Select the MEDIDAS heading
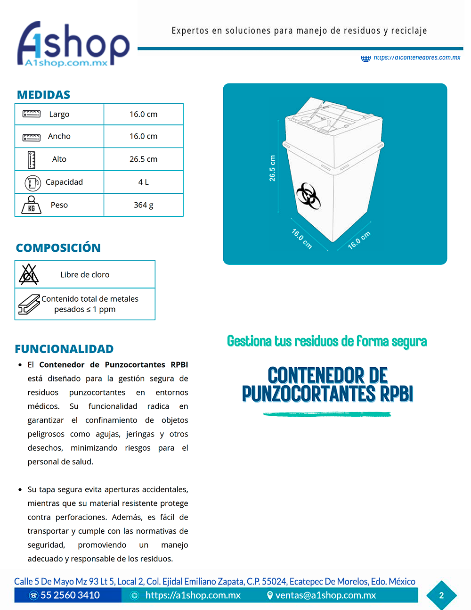[x=43, y=95]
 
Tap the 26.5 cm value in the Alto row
[x=143, y=159]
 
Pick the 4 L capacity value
[x=143, y=182]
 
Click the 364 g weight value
[x=143, y=205]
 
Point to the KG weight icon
[x=32, y=206]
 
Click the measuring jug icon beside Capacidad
[x=32, y=182]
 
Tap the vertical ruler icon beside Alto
[x=32, y=160]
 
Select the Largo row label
[x=59, y=114]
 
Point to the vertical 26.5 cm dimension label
[x=272, y=168]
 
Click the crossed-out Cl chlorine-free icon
[x=29, y=274]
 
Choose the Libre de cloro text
[x=85, y=274]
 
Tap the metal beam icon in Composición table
[x=29, y=305]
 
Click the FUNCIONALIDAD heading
[x=64, y=349]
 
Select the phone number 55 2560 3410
[x=70, y=595]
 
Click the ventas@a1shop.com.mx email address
[x=325, y=595]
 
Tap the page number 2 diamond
[x=441, y=595]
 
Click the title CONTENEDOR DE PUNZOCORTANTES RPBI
[x=327, y=385]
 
